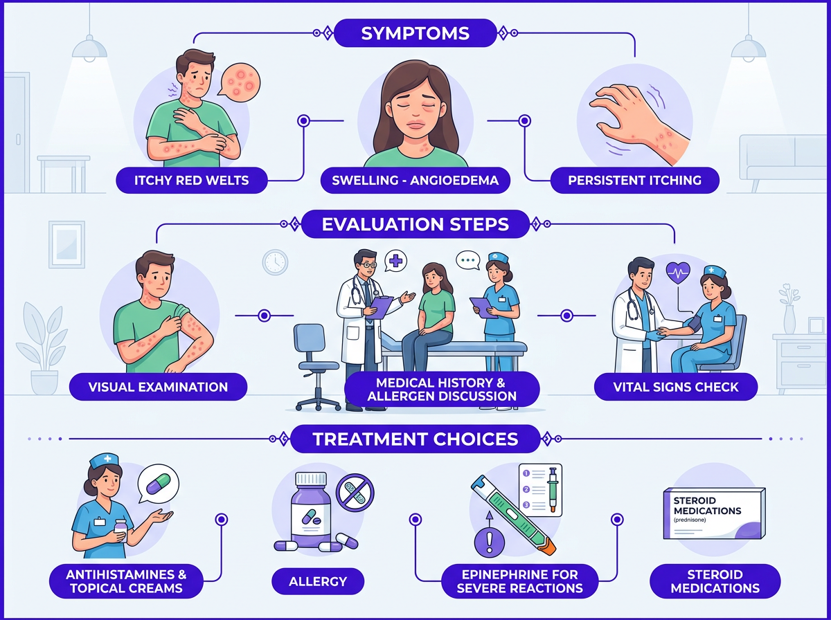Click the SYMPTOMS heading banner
pyautogui.click(x=415, y=33)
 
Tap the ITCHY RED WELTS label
pyautogui.click(x=192, y=181)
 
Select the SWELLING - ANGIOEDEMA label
pyautogui.click(x=415, y=181)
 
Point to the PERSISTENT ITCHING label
pyautogui.click(x=634, y=181)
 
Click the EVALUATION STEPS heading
pyautogui.click(x=415, y=224)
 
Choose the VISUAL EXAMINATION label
pyautogui.click(x=158, y=387)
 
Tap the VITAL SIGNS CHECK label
pyautogui.click(x=676, y=387)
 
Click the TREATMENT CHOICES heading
pyautogui.click(x=415, y=439)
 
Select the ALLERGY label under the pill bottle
pyautogui.click(x=318, y=581)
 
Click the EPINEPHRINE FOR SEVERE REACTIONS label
pyautogui.click(x=520, y=581)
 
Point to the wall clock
pyautogui.click(x=275, y=262)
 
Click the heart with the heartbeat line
pyautogui.click(x=678, y=273)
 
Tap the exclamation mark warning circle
pyautogui.click(x=489, y=542)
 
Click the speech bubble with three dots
pyautogui.click(x=468, y=261)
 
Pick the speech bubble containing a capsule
pyautogui.click(x=159, y=484)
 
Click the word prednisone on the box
pyautogui.click(x=690, y=520)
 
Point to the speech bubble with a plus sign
pyautogui.click(x=395, y=261)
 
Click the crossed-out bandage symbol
pyautogui.click(x=355, y=493)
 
